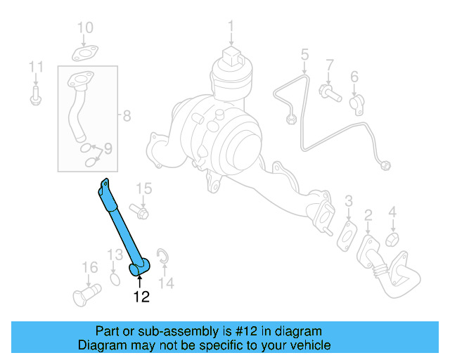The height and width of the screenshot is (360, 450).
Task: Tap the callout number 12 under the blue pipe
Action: pyautogui.click(x=141, y=297)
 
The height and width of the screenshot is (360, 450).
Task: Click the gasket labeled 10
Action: pyautogui.click(x=85, y=52)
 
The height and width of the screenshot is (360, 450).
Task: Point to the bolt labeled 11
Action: pyautogui.click(x=36, y=96)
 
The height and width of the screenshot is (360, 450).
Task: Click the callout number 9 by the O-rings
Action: pyautogui.click(x=108, y=148)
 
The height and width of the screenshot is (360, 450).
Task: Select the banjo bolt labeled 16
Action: pyautogui.click(x=82, y=292)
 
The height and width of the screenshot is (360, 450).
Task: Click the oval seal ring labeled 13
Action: pyautogui.click(x=115, y=281)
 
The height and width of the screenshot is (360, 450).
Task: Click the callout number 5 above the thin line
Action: pyautogui.click(x=304, y=53)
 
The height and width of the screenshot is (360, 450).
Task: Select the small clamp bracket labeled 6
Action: pyautogui.click(x=356, y=103)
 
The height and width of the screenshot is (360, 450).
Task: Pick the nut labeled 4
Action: pyautogui.click(x=394, y=239)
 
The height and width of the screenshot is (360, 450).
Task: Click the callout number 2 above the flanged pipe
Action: pyautogui.click(x=368, y=214)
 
